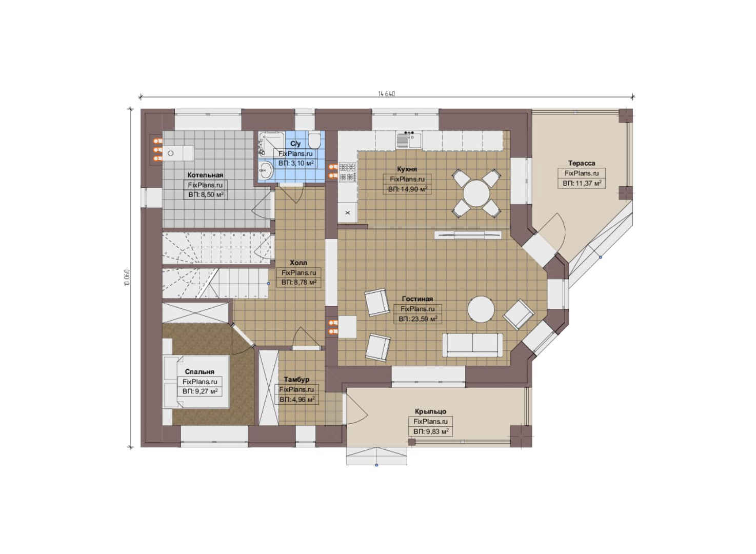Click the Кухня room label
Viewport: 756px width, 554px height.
[407, 169]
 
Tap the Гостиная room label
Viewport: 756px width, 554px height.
[417, 299]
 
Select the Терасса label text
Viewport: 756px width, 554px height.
[582, 164]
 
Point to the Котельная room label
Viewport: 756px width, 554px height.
[205, 175]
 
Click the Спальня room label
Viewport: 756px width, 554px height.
[200, 372]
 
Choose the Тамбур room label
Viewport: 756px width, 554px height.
[296, 380]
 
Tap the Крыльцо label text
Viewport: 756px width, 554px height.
[430, 411]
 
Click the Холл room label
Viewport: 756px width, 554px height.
[299, 263]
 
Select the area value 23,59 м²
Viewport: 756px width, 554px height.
[417, 319]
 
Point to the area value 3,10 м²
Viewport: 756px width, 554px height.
[296, 164]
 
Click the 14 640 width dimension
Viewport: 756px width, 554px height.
[386, 93]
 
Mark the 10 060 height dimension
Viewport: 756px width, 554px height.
[127, 278]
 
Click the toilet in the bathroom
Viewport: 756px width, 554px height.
[314, 141]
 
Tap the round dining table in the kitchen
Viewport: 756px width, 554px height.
[476, 193]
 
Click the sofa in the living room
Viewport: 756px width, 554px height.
[472, 345]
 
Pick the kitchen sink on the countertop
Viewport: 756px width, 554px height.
[409, 140]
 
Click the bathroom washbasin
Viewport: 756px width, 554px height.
[266, 170]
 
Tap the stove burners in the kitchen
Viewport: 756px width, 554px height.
[347, 172]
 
